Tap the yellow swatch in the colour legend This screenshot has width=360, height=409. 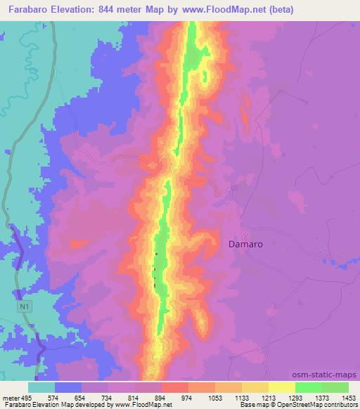click(x=281, y=387)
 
